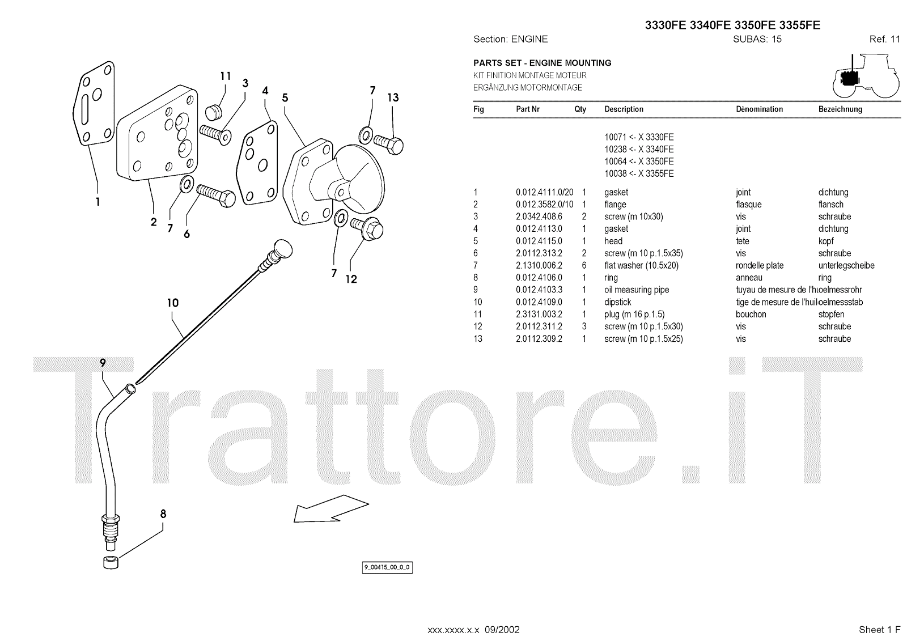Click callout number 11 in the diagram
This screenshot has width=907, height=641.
click(x=226, y=77)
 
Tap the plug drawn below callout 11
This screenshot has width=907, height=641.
click(x=214, y=112)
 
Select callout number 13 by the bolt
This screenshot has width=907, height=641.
click(x=393, y=97)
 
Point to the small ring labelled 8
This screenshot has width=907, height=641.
click(x=111, y=564)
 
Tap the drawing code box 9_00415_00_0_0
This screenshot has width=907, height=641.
click(x=387, y=567)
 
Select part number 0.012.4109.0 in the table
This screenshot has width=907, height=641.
click(x=539, y=302)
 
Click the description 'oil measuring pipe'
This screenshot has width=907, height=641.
click(x=637, y=290)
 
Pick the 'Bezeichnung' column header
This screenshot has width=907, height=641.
click(x=840, y=109)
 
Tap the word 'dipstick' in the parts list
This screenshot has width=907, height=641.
click(x=617, y=302)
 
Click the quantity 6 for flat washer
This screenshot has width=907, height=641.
click(x=584, y=265)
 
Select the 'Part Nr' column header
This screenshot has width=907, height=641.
click(x=527, y=109)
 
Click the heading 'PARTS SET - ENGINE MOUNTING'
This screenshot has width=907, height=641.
click(x=542, y=63)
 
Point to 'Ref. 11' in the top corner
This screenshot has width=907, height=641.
click(x=884, y=39)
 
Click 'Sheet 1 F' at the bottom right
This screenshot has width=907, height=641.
click(x=879, y=630)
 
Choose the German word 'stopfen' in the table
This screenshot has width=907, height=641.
click(x=831, y=314)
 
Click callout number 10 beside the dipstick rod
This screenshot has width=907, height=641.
click(x=172, y=303)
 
